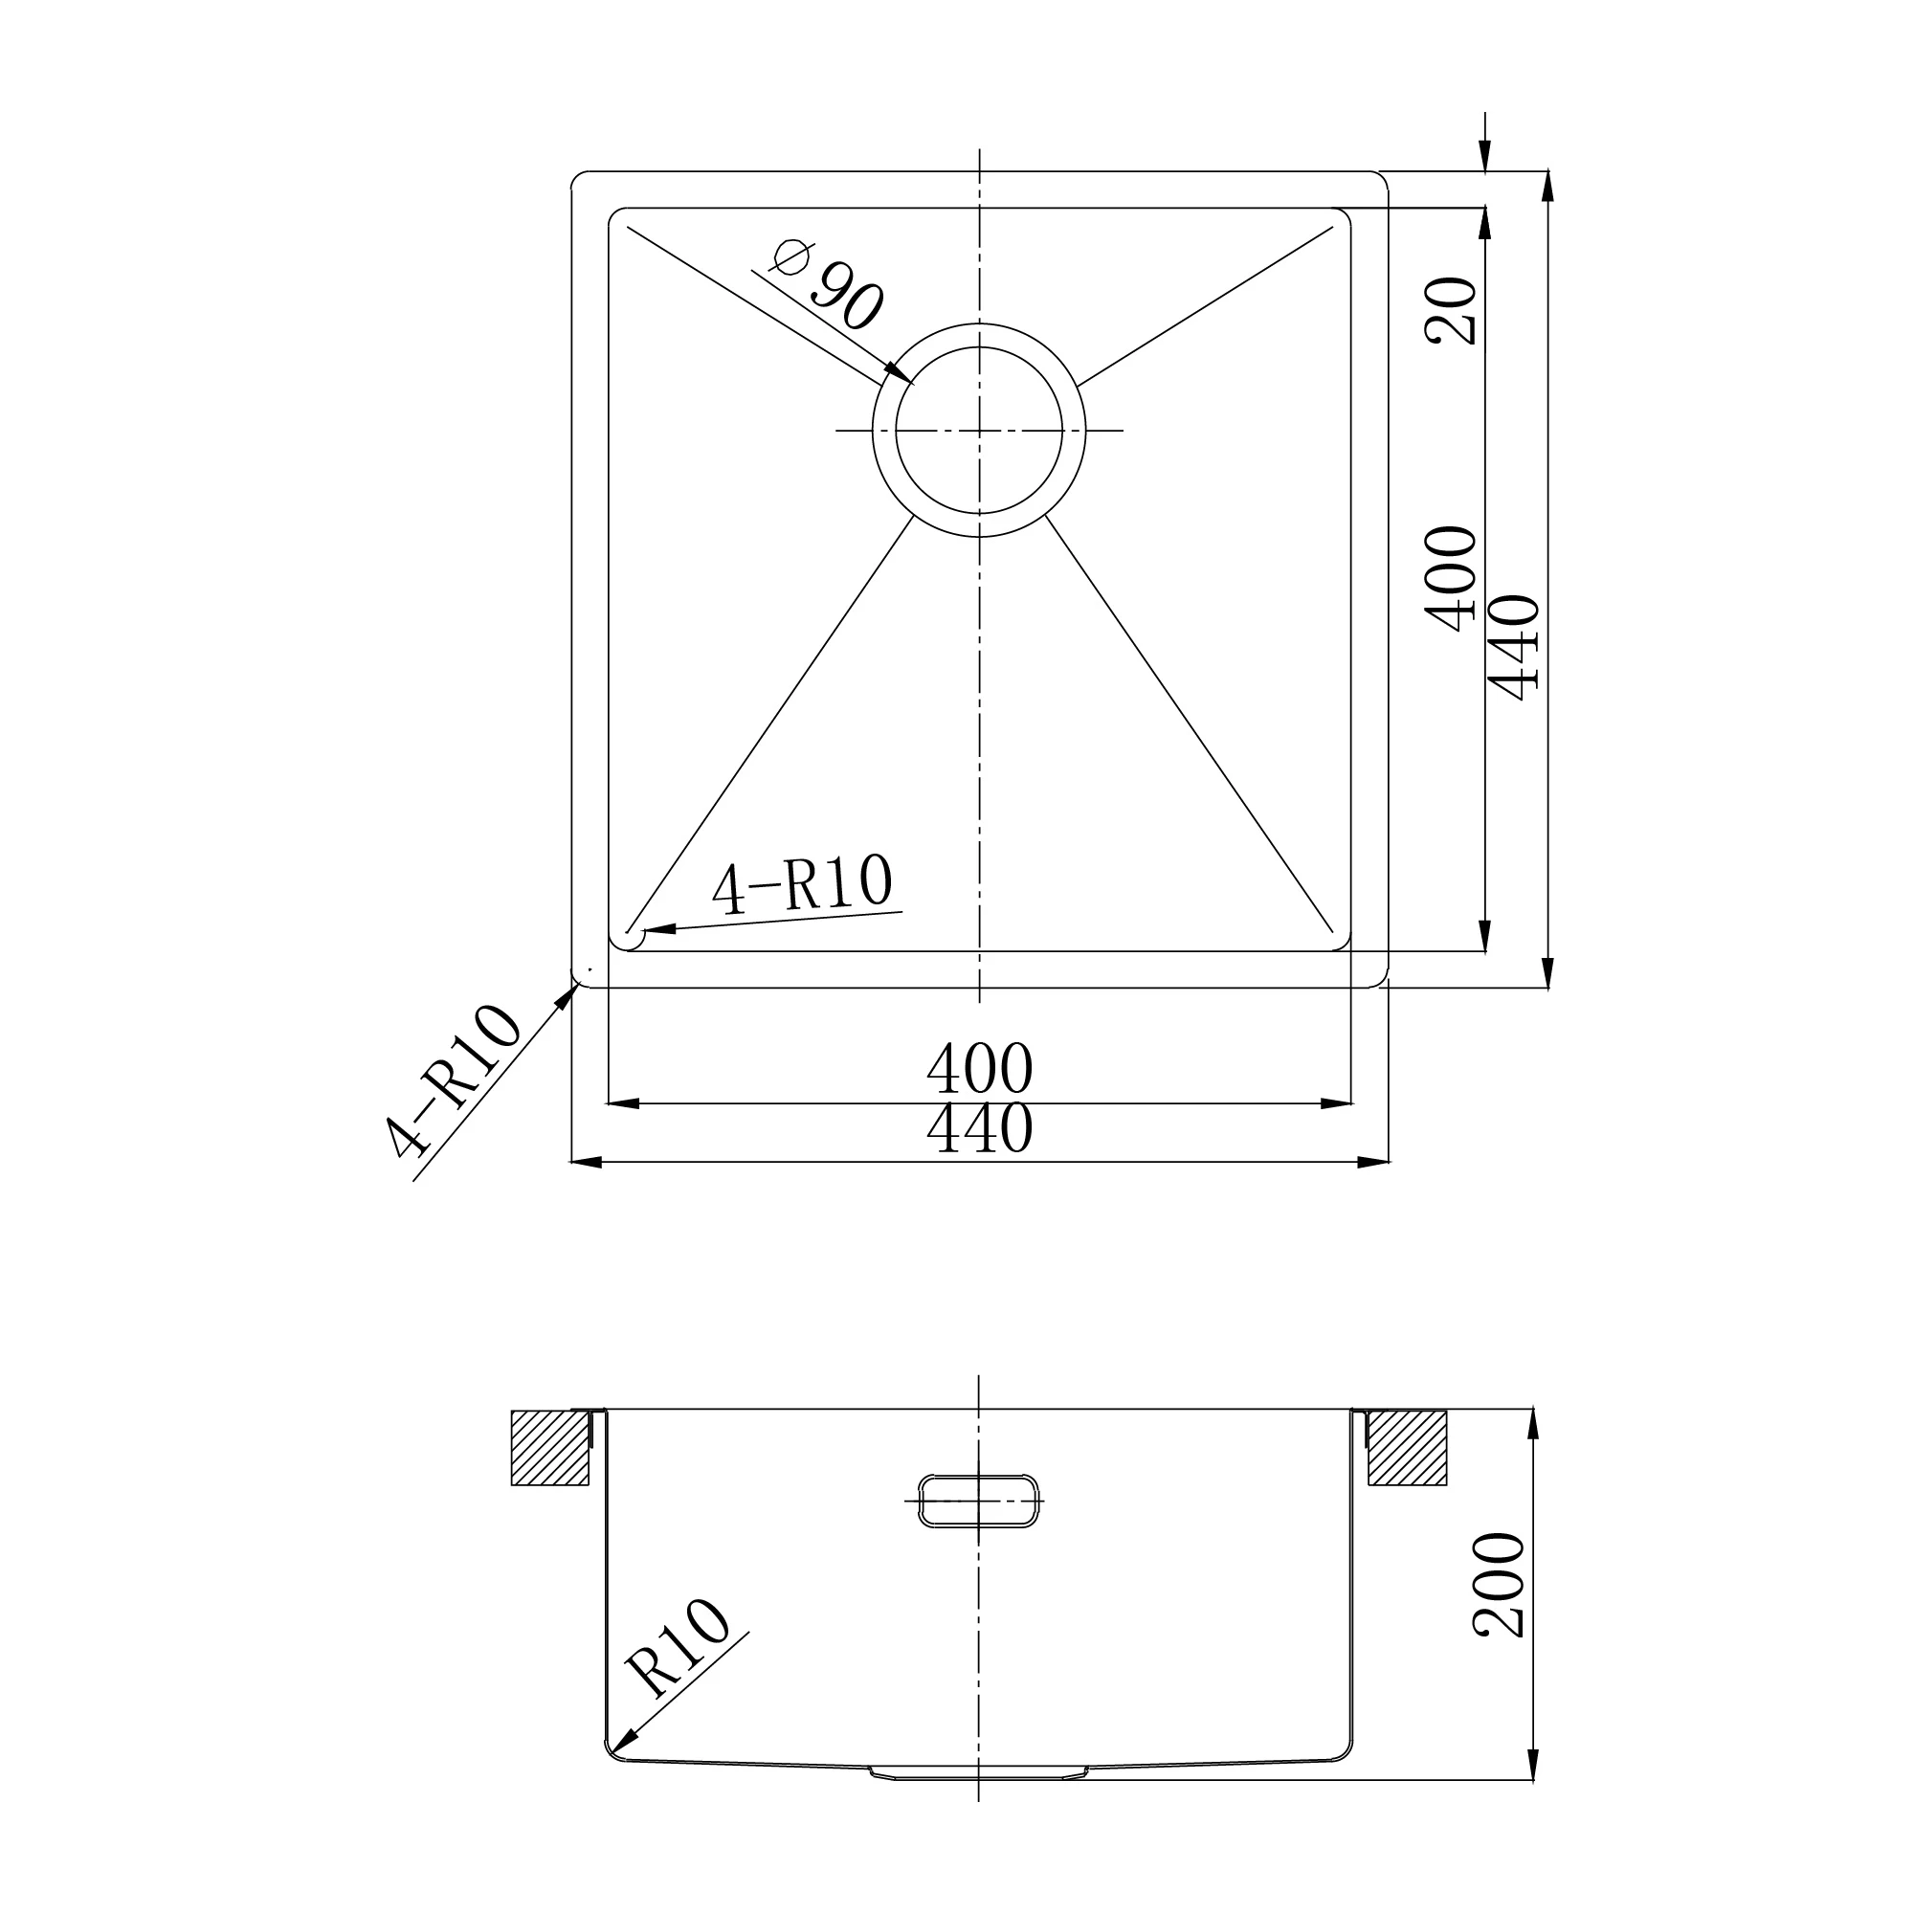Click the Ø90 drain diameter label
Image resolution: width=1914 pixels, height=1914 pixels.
[826, 283]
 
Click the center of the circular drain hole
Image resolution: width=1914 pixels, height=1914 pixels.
[979, 430]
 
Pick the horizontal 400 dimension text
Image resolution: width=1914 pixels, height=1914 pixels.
[980, 1067]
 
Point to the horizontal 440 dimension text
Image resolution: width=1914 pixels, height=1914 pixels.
[980, 1127]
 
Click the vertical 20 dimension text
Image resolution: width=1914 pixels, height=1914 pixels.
[1451, 310]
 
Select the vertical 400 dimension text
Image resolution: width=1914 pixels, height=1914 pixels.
[1451, 579]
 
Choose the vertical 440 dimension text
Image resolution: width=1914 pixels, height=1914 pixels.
[1513, 648]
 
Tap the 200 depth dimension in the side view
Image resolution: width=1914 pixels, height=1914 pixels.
[1499, 1584]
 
